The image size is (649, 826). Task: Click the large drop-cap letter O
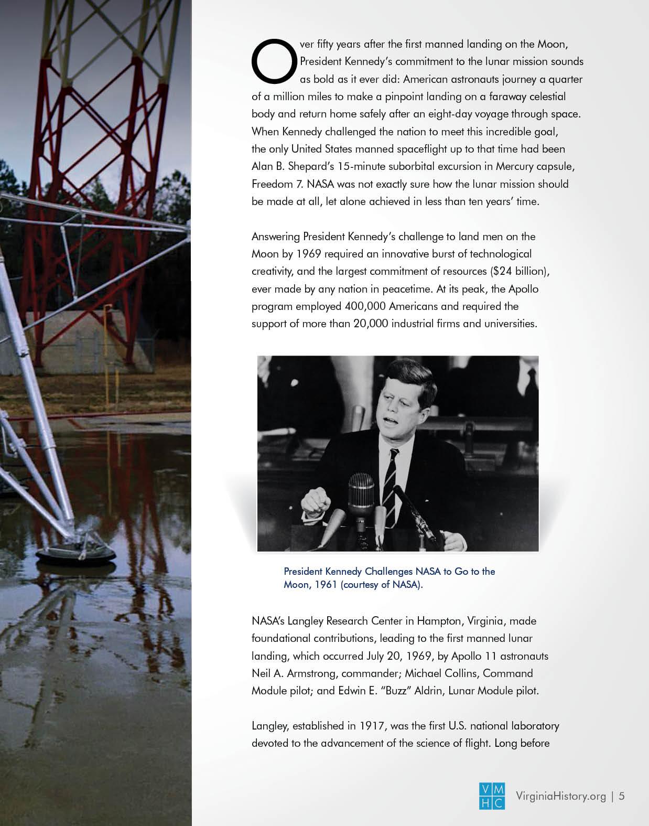point(273,61)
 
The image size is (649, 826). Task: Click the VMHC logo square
point(492,796)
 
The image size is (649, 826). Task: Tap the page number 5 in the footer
point(622,796)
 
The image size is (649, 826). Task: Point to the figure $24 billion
point(517,271)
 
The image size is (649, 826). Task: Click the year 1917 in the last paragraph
point(373,726)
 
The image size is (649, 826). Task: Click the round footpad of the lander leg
point(76,553)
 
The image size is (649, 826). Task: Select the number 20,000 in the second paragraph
point(371,324)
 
